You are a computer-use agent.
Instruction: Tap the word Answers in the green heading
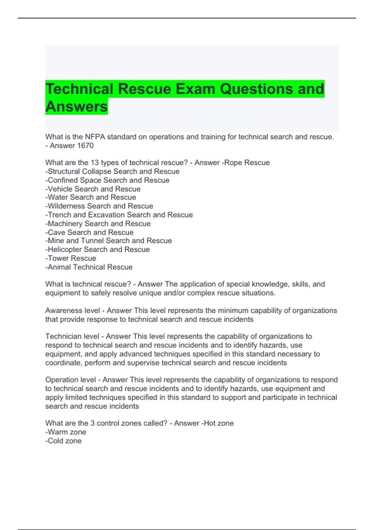[77, 107]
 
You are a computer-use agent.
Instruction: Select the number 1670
[85, 146]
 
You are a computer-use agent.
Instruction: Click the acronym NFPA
[95, 137]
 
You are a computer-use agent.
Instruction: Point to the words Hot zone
[218, 423]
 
